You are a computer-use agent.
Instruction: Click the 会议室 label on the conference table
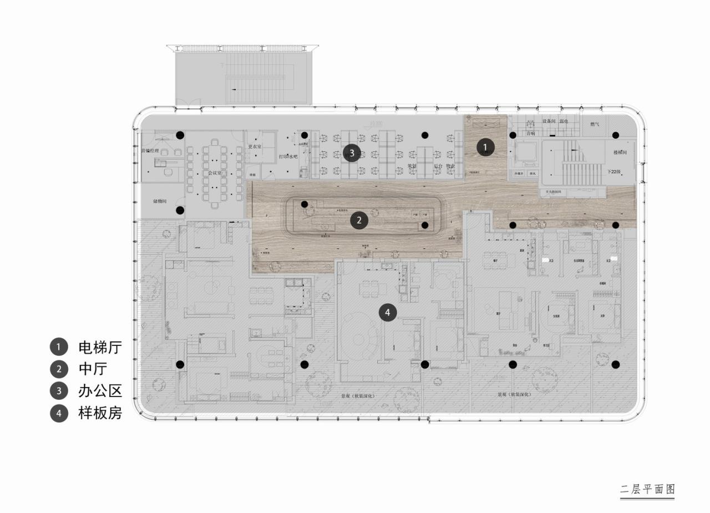(x=215, y=173)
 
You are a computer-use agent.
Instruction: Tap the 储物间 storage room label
(x=160, y=201)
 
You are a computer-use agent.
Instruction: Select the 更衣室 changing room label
(x=254, y=147)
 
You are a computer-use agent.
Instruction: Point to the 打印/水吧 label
(x=288, y=157)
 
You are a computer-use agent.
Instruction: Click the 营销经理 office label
(x=150, y=150)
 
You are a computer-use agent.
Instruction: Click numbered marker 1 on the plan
(x=485, y=147)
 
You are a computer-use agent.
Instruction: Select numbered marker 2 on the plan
(x=359, y=220)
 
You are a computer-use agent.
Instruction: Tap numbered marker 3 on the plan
(x=351, y=152)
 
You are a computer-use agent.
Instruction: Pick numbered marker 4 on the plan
(x=388, y=313)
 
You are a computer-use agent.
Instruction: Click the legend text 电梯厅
(x=100, y=348)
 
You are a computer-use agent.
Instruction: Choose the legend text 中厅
(x=93, y=369)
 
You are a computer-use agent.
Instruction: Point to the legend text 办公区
(x=100, y=391)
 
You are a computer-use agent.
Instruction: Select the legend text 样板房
(x=100, y=413)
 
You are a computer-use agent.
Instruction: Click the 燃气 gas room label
(x=595, y=124)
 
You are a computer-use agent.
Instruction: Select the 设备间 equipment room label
(x=549, y=121)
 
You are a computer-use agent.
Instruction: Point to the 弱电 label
(x=565, y=121)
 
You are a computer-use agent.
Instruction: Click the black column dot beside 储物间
(x=180, y=210)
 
